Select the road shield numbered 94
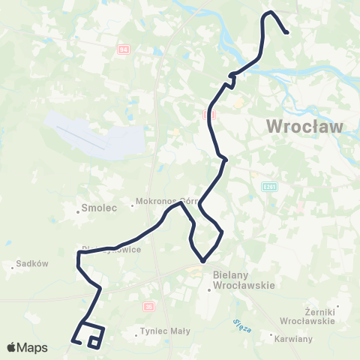124,49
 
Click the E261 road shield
270,186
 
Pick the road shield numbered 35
148,305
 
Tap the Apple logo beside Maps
11,347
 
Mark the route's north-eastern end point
287,31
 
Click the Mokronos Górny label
159,202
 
